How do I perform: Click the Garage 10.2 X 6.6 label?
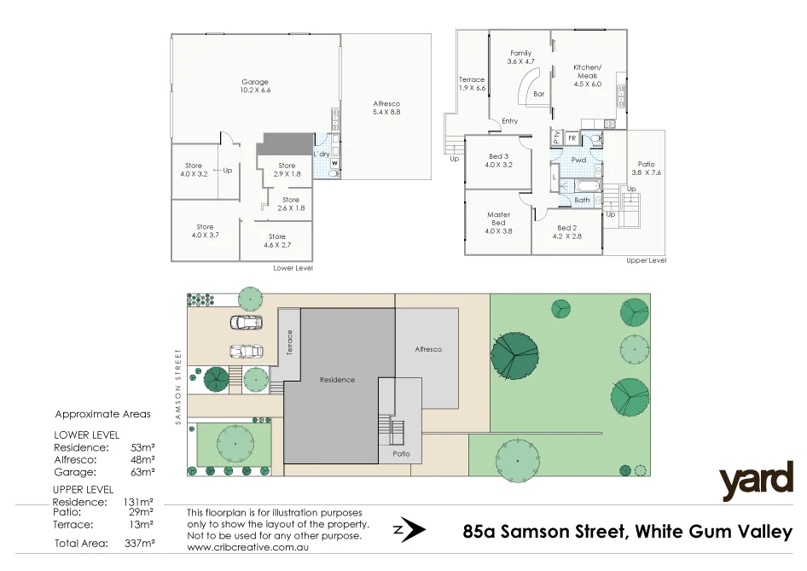(x=254, y=86)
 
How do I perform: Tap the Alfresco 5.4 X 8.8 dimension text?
(x=386, y=108)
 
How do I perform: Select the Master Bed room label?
(x=498, y=222)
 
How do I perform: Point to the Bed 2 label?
(x=567, y=231)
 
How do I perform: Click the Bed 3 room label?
(x=498, y=160)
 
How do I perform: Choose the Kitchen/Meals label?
(x=587, y=75)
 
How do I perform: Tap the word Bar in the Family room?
(x=539, y=95)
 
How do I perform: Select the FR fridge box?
(x=572, y=137)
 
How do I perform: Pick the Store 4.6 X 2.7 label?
(x=277, y=241)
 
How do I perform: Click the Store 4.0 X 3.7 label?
(x=205, y=231)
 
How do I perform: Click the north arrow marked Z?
(x=409, y=530)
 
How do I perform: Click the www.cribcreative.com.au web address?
(x=247, y=546)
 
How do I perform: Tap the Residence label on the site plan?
(x=337, y=380)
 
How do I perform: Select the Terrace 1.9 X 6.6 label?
(x=472, y=83)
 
